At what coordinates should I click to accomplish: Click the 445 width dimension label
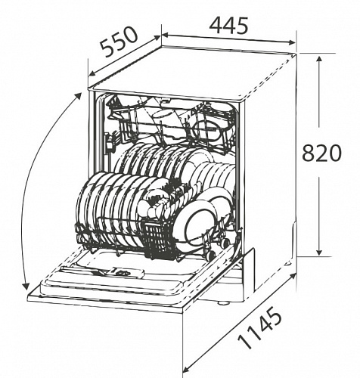228,26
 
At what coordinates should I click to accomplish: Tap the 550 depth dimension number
119,42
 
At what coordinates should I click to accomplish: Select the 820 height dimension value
321,153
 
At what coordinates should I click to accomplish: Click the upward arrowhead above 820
319,60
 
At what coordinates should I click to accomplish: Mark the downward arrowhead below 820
319,252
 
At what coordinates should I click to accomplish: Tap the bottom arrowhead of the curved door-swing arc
25,287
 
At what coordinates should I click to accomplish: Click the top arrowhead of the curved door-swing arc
79,96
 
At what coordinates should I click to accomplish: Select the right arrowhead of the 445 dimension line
291,42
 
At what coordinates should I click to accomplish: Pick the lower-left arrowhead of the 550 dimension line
92,73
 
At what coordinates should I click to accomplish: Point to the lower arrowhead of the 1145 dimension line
186,370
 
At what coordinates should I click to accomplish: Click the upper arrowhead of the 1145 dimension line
293,277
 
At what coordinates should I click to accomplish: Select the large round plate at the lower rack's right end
200,222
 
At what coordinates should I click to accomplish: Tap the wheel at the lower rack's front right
211,255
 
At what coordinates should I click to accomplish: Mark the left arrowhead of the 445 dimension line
165,35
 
